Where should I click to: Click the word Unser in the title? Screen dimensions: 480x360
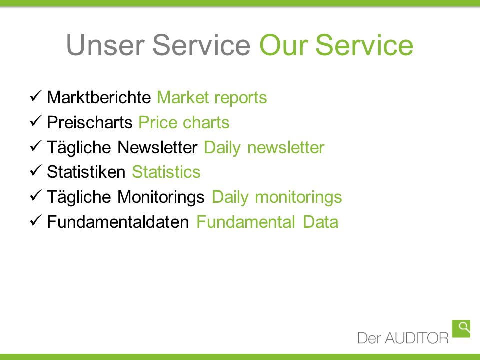click(x=105, y=45)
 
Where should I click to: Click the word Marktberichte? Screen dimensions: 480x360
click(x=99, y=97)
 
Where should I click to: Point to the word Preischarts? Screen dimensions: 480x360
click(x=89, y=122)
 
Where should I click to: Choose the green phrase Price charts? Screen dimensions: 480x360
click(x=184, y=122)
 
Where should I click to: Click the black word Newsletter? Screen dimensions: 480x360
click(x=157, y=147)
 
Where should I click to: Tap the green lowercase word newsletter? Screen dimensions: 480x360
click(x=286, y=147)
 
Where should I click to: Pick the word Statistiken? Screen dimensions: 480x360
click(x=86, y=172)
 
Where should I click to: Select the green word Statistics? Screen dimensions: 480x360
click(x=166, y=172)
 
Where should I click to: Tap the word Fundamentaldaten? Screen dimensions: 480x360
click(x=118, y=222)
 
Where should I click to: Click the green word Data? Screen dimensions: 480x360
click(x=321, y=222)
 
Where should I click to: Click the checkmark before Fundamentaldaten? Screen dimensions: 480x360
click(x=36, y=220)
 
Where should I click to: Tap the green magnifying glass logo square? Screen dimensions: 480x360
click(x=461, y=329)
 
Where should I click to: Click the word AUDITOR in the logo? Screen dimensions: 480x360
click(x=417, y=338)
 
